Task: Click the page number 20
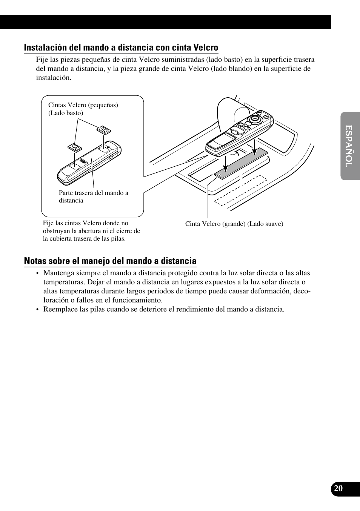(x=338, y=488)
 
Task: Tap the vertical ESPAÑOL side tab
(x=349, y=146)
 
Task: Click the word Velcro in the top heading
(x=206, y=48)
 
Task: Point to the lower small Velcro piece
(x=75, y=147)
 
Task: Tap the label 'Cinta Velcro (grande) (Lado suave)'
(x=234, y=224)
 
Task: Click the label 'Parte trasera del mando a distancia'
(x=93, y=196)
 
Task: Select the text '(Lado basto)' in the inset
(x=66, y=113)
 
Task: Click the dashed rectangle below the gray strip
(x=241, y=190)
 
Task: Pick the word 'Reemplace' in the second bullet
(x=58, y=309)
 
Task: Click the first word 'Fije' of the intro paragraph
(x=42, y=60)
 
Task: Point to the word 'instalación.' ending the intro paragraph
(x=54, y=78)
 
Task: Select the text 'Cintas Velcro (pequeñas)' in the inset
(x=83, y=105)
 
